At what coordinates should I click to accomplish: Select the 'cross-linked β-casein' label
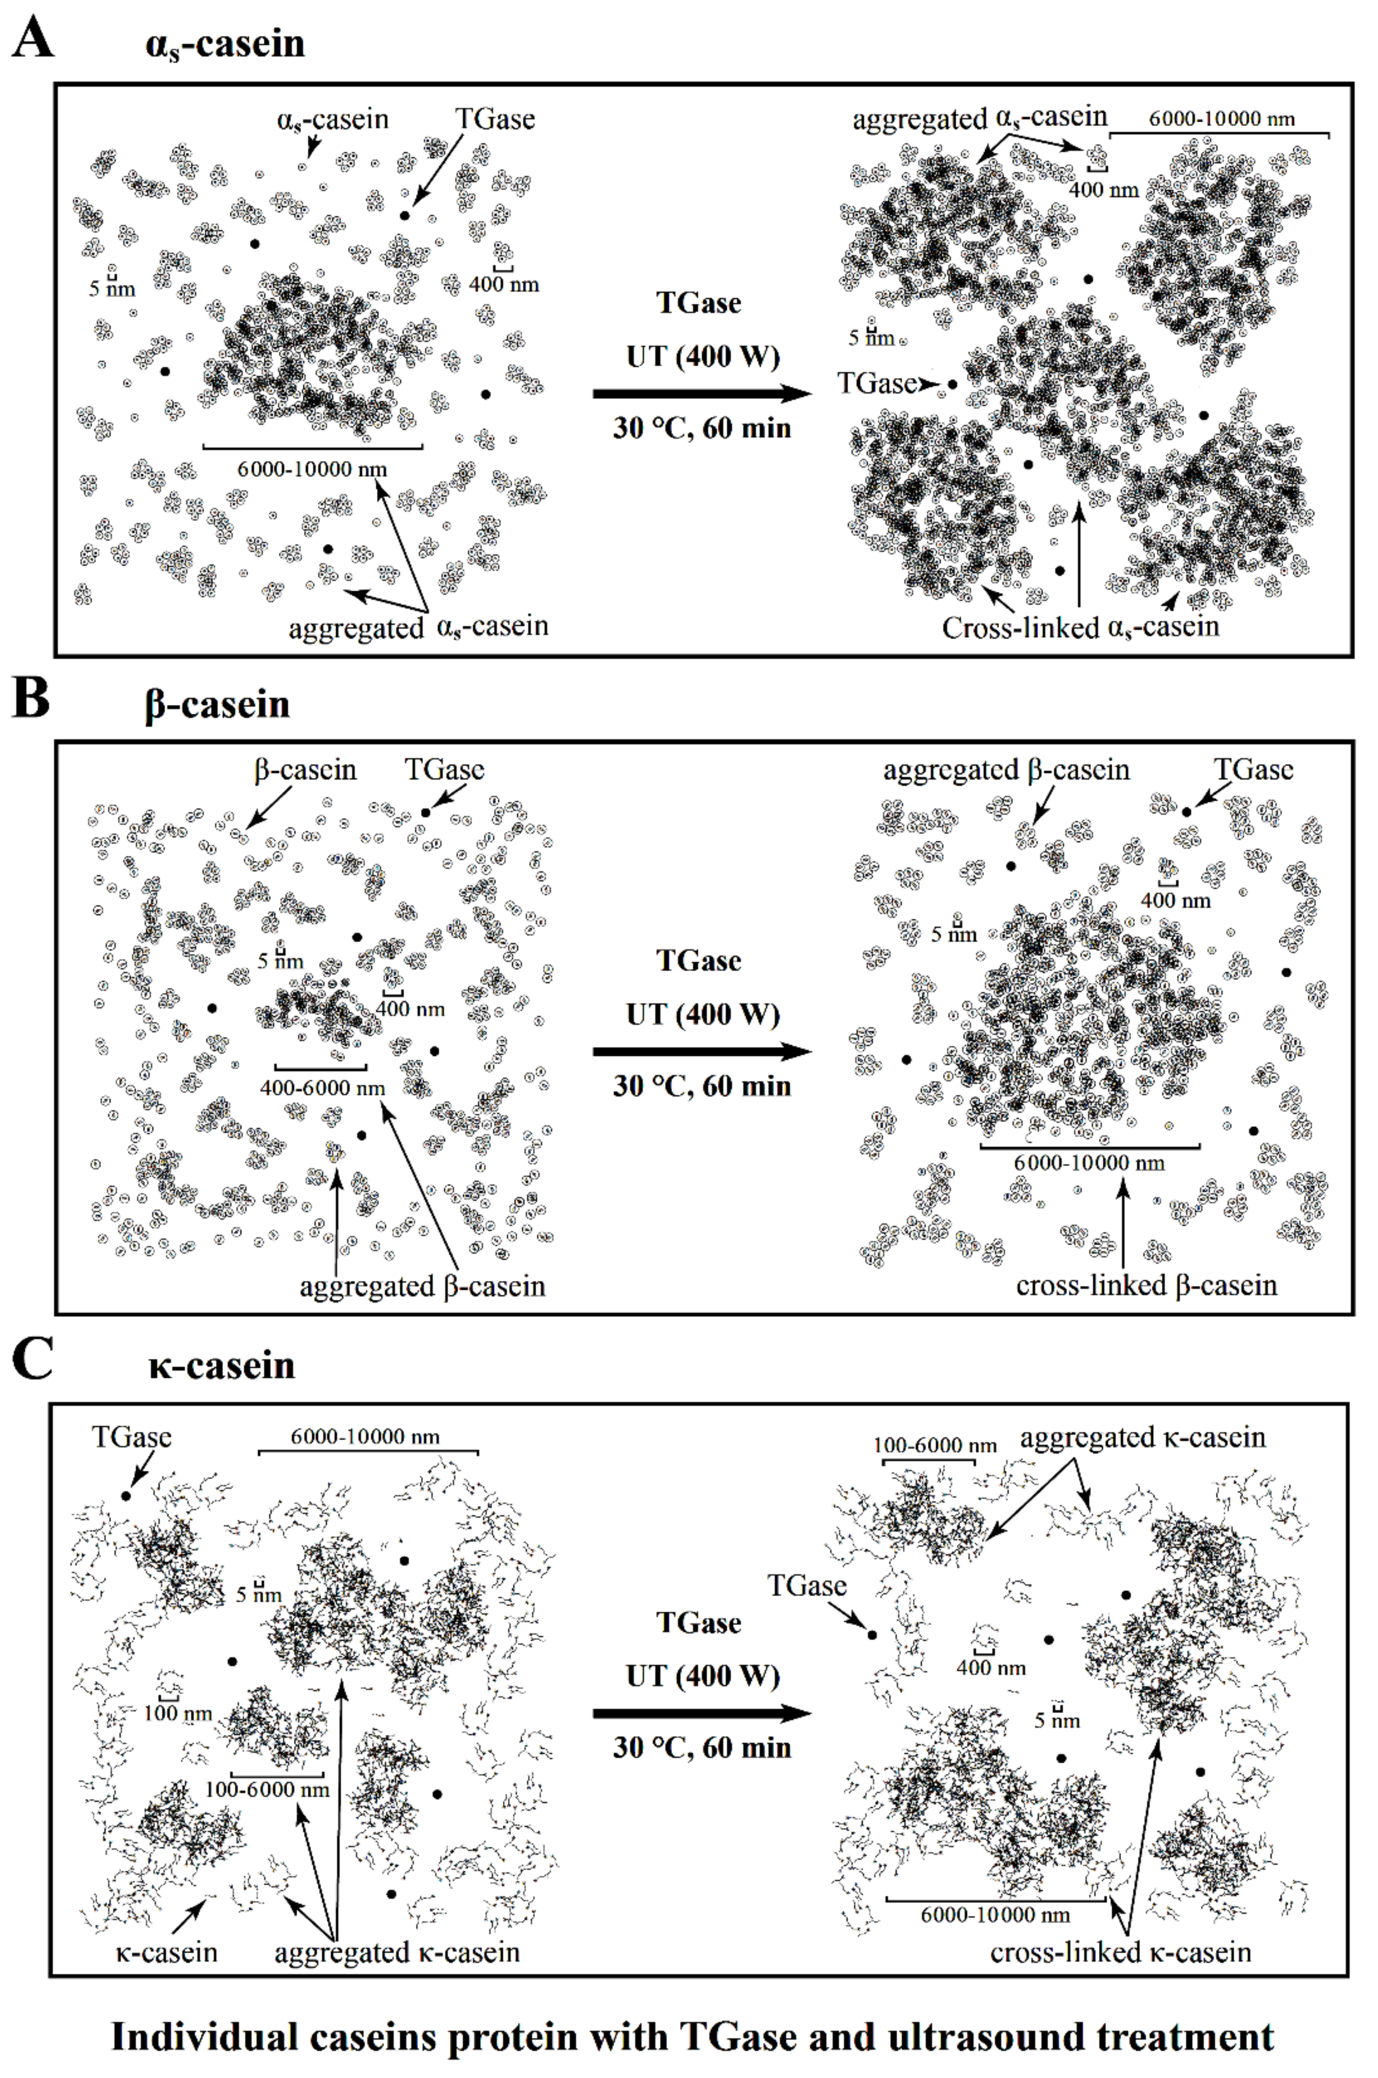pyautogui.click(x=1146, y=1285)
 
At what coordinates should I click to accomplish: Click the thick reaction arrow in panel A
pyautogui.click(x=700, y=394)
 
